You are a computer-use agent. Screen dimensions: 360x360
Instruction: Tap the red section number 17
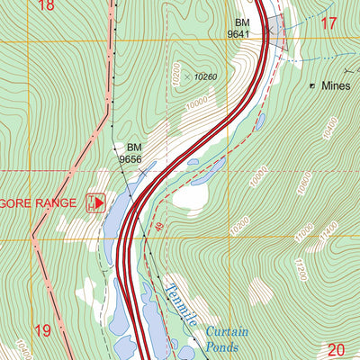pyautogui.click(x=328, y=23)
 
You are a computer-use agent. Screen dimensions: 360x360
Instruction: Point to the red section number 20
pyautogui.click(x=337, y=350)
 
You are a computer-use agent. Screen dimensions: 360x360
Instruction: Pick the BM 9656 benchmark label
pyautogui.click(x=131, y=153)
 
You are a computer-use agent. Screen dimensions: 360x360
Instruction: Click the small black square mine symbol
pyautogui.click(x=313, y=86)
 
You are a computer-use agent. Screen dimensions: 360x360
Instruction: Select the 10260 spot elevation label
pyautogui.click(x=205, y=77)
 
